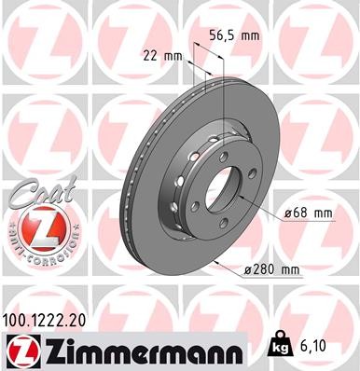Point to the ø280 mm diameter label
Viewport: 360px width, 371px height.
pos(272,271)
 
